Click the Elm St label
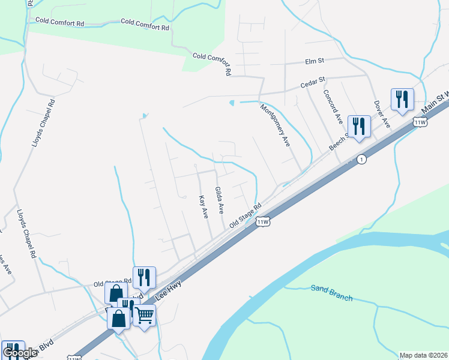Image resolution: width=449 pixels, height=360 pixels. tap(315, 61)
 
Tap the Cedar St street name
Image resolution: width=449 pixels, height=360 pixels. tap(313, 83)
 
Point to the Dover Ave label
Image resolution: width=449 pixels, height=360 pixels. tap(382, 113)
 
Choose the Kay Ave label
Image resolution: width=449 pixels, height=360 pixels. tap(203, 206)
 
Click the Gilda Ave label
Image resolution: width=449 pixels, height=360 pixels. tap(220, 200)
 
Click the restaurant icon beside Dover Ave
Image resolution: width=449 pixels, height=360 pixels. tap(402, 99)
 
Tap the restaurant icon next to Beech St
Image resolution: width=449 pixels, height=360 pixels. tap(359, 126)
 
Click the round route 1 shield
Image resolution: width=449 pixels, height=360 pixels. tap(361, 159)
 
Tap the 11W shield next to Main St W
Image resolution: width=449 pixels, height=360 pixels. tap(420, 122)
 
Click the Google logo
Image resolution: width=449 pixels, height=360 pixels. tap(20, 353)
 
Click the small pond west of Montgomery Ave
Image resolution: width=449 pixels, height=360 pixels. tap(232, 103)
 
